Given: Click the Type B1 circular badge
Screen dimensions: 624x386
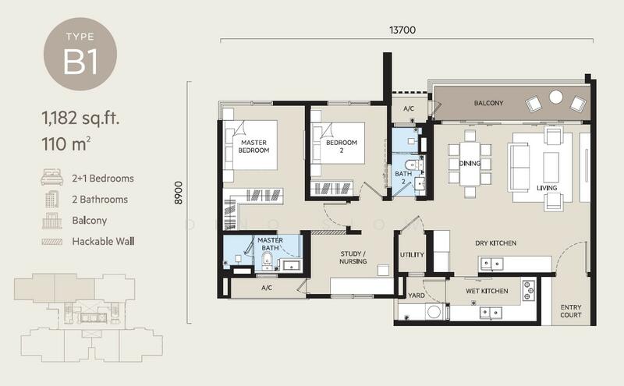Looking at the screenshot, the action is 80,54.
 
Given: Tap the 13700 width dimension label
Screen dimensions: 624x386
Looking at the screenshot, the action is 402,30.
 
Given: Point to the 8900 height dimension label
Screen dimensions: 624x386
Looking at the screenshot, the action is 179,193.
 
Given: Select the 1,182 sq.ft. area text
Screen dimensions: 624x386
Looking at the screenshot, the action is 80,119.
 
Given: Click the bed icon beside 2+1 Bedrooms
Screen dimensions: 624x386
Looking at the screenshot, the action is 52,178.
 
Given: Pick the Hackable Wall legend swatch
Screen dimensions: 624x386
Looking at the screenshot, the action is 52,242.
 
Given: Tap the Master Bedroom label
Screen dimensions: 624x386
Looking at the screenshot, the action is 254,147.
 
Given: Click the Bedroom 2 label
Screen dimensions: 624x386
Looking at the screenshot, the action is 342,147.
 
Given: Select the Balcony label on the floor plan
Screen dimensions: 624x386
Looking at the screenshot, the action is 489,103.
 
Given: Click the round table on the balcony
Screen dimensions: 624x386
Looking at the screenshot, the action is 556,97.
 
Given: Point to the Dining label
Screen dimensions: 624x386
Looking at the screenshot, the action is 470,163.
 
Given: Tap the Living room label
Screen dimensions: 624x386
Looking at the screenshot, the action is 547,188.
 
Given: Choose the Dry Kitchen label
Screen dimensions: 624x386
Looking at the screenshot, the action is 496,243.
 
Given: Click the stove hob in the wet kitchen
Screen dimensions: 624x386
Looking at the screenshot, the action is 529,291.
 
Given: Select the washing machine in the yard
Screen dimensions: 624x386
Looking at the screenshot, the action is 434,312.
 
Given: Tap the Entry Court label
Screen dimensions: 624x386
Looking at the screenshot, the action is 571,311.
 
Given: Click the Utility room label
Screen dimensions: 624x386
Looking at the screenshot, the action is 412,255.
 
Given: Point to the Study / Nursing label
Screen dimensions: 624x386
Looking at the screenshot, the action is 353,257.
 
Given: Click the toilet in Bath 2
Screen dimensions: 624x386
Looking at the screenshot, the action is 412,165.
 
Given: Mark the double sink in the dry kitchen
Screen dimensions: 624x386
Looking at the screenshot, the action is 492,264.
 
